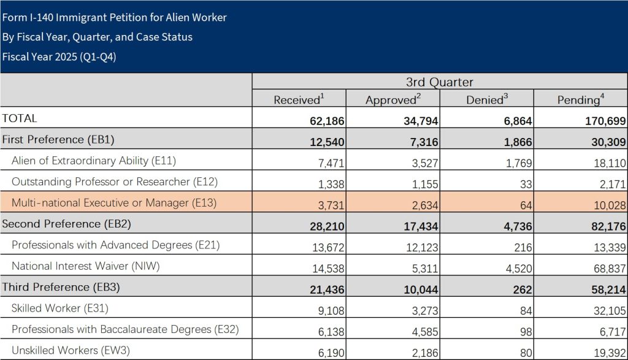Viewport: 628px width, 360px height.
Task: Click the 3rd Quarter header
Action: tap(439, 82)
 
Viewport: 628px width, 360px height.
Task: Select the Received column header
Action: tap(297, 99)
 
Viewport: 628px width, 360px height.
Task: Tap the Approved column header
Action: tap(393, 99)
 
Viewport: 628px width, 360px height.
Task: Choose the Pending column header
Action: tap(580, 99)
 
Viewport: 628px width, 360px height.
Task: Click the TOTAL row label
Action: tap(20, 118)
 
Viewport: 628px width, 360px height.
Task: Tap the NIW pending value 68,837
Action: tap(608, 267)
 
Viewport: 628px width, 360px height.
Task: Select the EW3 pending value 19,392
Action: tap(608, 351)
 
